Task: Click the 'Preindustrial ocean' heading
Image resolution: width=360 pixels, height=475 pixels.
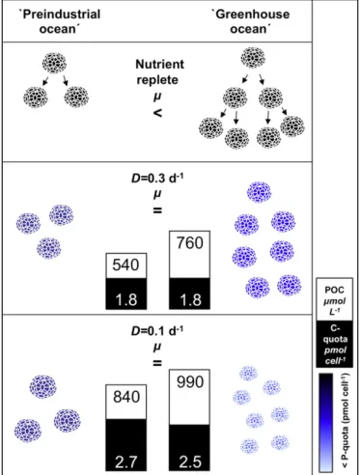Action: coord(60,21)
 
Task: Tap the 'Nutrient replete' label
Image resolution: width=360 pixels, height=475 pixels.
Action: coord(159,72)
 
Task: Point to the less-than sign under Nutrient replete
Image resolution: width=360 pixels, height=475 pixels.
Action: coord(157,113)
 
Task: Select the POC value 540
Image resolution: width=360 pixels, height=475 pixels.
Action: coord(125,265)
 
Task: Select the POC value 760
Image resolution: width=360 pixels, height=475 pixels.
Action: coord(190,243)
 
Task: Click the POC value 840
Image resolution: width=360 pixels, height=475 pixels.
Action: coord(126,397)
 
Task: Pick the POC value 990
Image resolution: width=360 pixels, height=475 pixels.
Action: coord(190,382)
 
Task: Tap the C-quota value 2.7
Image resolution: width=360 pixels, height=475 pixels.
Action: coord(125,462)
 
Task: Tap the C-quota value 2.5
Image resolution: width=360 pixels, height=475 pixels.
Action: coord(190,462)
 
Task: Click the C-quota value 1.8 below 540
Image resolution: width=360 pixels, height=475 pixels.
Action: coord(126,300)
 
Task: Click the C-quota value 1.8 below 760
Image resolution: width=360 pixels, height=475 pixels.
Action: coord(190,300)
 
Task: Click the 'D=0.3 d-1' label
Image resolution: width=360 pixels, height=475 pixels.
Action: coord(157,179)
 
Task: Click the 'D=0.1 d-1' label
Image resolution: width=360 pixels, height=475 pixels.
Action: coord(157,331)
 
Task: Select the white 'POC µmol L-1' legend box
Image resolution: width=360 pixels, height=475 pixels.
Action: coord(335,299)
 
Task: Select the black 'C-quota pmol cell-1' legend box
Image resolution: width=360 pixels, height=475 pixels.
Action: coord(335,344)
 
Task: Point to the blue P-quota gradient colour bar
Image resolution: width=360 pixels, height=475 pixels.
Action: coord(326,422)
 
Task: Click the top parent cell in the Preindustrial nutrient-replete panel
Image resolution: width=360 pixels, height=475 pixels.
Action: coord(54,63)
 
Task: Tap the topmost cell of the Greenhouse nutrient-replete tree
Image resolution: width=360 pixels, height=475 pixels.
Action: coord(253,58)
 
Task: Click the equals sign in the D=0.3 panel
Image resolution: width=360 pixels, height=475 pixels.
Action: coord(157,210)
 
